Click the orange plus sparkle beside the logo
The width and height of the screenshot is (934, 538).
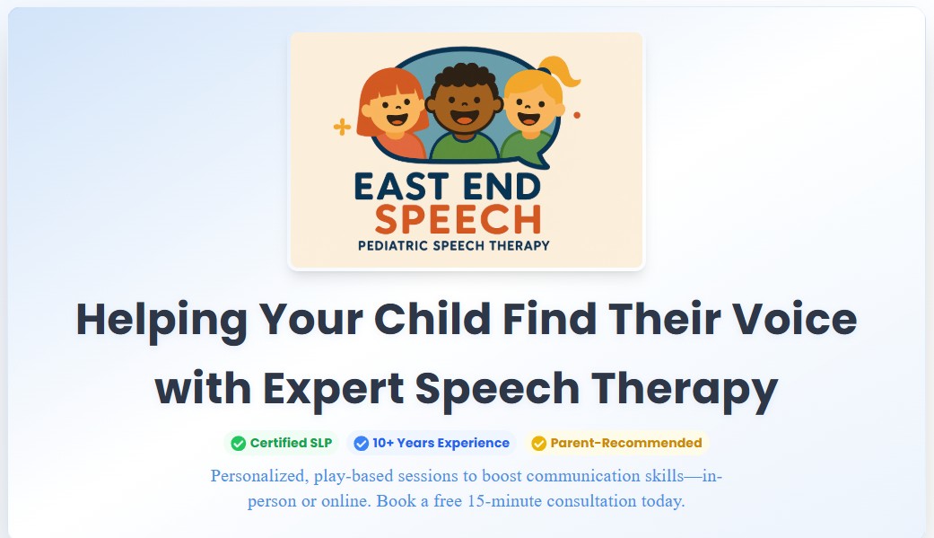(342, 127)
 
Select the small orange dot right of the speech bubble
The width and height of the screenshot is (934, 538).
(576, 115)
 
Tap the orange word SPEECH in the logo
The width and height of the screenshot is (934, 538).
(458, 219)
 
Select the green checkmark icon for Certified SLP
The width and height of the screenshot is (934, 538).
(238, 443)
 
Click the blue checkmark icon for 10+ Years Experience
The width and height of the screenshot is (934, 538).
(362, 443)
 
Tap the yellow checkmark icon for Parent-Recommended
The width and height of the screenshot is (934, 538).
(538, 443)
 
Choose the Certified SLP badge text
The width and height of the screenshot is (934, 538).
(290, 443)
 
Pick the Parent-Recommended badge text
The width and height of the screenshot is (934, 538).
(626, 443)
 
